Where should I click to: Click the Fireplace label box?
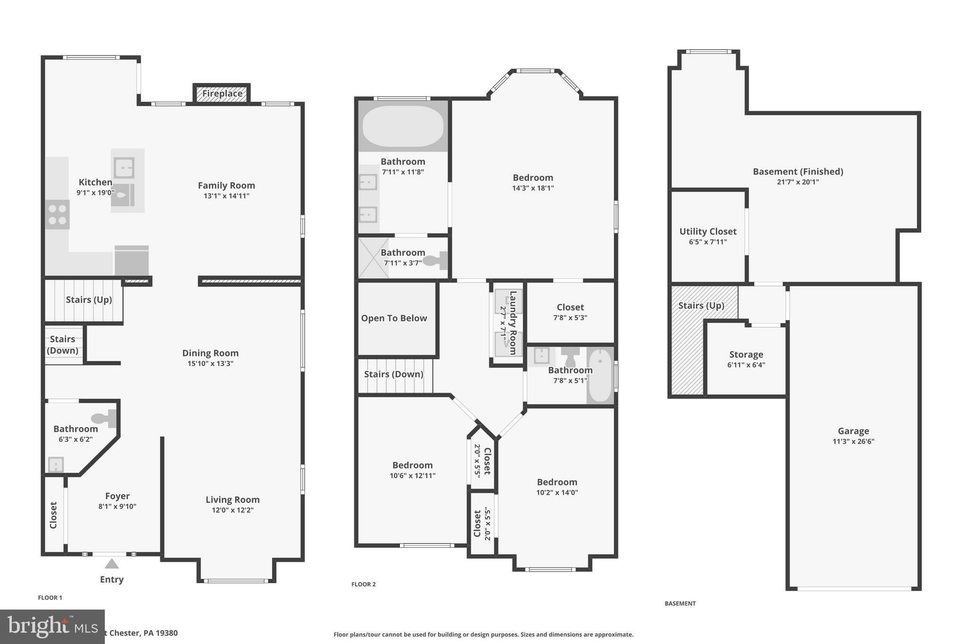(222, 93)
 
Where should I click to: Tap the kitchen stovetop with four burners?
(57, 215)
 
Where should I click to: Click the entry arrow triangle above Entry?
(111, 564)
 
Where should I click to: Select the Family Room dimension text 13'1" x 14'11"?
(226, 196)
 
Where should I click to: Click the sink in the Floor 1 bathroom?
(56, 465)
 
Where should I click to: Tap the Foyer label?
(117, 496)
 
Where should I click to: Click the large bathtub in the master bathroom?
(403, 126)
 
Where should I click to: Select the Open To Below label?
(394, 318)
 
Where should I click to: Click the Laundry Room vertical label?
(513, 323)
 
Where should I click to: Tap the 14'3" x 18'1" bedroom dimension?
(533, 188)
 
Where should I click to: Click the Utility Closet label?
(707, 232)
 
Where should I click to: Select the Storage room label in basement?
(746, 354)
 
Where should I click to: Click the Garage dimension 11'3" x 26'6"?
(853, 442)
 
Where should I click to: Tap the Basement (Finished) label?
(797, 172)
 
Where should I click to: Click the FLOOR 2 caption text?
(363, 584)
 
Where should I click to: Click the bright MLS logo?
(52, 627)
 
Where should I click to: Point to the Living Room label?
(232, 500)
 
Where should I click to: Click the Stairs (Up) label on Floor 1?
(89, 300)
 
